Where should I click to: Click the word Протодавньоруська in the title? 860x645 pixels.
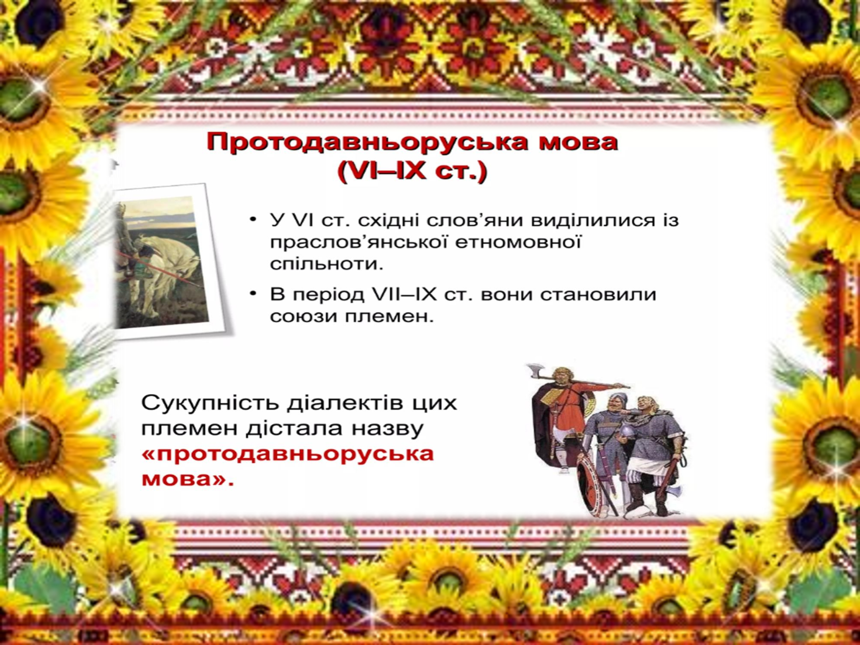(x=367, y=142)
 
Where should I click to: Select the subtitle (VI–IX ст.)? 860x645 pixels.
(x=412, y=172)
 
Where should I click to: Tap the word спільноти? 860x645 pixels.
(x=326, y=264)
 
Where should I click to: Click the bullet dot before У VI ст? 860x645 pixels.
(x=253, y=220)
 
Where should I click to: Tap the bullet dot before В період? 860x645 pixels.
(x=253, y=295)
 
